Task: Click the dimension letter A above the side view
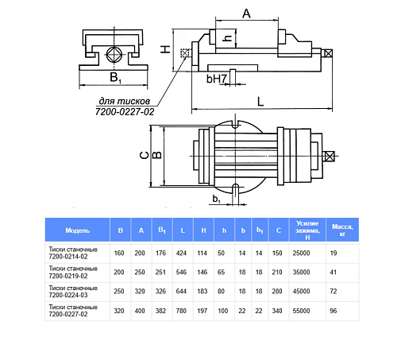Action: tap(246, 14)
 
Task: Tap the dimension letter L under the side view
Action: tap(260, 102)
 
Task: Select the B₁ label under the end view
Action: tap(115, 77)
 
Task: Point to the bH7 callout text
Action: tap(217, 79)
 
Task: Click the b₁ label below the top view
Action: tap(216, 199)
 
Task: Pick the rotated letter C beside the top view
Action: tap(145, 155)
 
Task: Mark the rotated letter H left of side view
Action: tap(165, 49)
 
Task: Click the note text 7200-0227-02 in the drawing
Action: tap(125, 112)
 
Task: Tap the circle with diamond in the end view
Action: tap(114, 55)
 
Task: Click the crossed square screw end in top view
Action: tap(329, 157)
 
